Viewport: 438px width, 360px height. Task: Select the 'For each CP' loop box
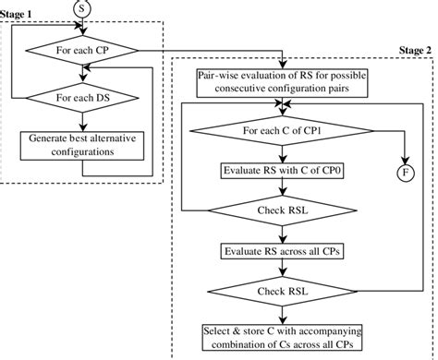82,49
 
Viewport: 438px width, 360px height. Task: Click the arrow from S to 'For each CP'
82,27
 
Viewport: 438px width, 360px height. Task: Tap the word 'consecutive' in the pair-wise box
242,90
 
